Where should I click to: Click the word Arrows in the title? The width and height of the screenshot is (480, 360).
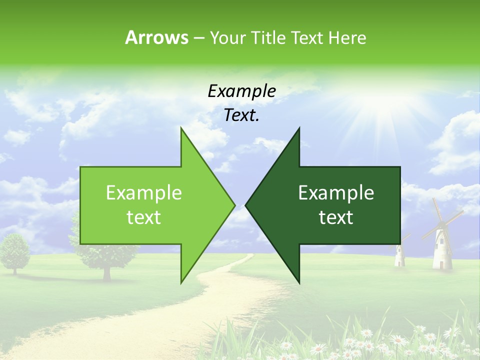pyautogui.click(x=156, y=37)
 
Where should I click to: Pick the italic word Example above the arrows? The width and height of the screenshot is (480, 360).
pyautogui.click(x=241, y=91)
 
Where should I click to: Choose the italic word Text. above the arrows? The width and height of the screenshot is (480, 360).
pyautogui.click(x=241, y=115)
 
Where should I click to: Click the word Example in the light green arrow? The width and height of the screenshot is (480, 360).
pyautogui.click(x=144, y=192)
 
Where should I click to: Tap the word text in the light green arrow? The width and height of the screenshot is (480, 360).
pyautogui.click(x=144, y=217)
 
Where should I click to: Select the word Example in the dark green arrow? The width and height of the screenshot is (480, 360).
pyautogui.click(x=336, y=192)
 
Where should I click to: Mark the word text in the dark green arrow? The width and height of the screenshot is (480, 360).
pyautogui.click(x=336, y=217)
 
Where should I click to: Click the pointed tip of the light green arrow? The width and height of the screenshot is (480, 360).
pyautogui.click(x=234, y=205)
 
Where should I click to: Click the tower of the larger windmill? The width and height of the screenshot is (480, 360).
pyautogui.click(x=442, y=250)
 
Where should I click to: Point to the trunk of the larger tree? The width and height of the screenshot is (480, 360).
pyautogui.click(x=106, y=272)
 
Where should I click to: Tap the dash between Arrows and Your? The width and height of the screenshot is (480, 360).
pyautogui.click(x=198, y=38)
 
